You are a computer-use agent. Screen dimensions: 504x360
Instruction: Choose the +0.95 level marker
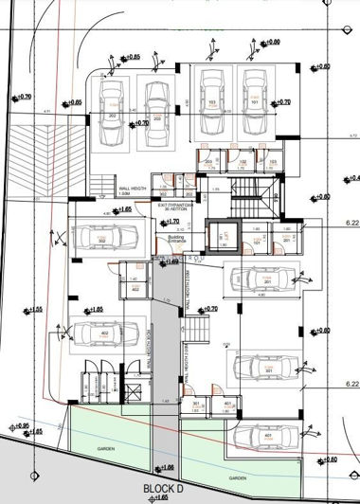22,425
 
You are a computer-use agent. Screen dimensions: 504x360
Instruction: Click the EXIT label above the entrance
177,205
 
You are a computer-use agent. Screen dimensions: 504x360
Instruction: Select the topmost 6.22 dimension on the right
351,224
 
